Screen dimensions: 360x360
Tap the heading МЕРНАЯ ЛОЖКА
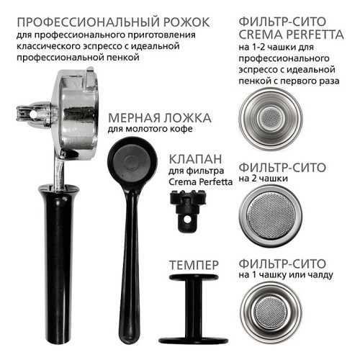(x=159, y=118)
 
